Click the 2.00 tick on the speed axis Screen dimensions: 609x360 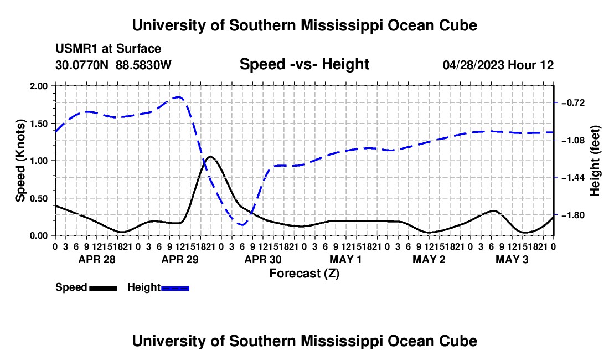[x=38, y=86]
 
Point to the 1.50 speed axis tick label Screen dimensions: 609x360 [x=38, y=124]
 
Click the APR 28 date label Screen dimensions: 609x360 [x=97, y=259]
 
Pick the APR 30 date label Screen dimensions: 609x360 [x=263, y=259]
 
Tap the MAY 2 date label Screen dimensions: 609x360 [x=429, y=259]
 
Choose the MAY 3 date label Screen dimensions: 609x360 [x=512, y=259]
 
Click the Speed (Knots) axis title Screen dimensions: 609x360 [x=20, y=161]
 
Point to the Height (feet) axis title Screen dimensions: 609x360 [x=595, y=161]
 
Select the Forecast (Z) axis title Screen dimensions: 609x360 [x=304, y=274]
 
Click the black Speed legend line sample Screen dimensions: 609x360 [x=104, y=289]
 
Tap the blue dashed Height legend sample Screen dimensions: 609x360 [x=175, y=289]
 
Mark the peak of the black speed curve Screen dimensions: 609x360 [x=210, y=157]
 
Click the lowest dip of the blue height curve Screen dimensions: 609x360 [x=242, y=224]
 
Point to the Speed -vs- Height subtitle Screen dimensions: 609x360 [x=304, y=64]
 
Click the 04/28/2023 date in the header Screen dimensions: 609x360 [x=474, y=65]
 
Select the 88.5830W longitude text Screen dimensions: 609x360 [x=143, y=65]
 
